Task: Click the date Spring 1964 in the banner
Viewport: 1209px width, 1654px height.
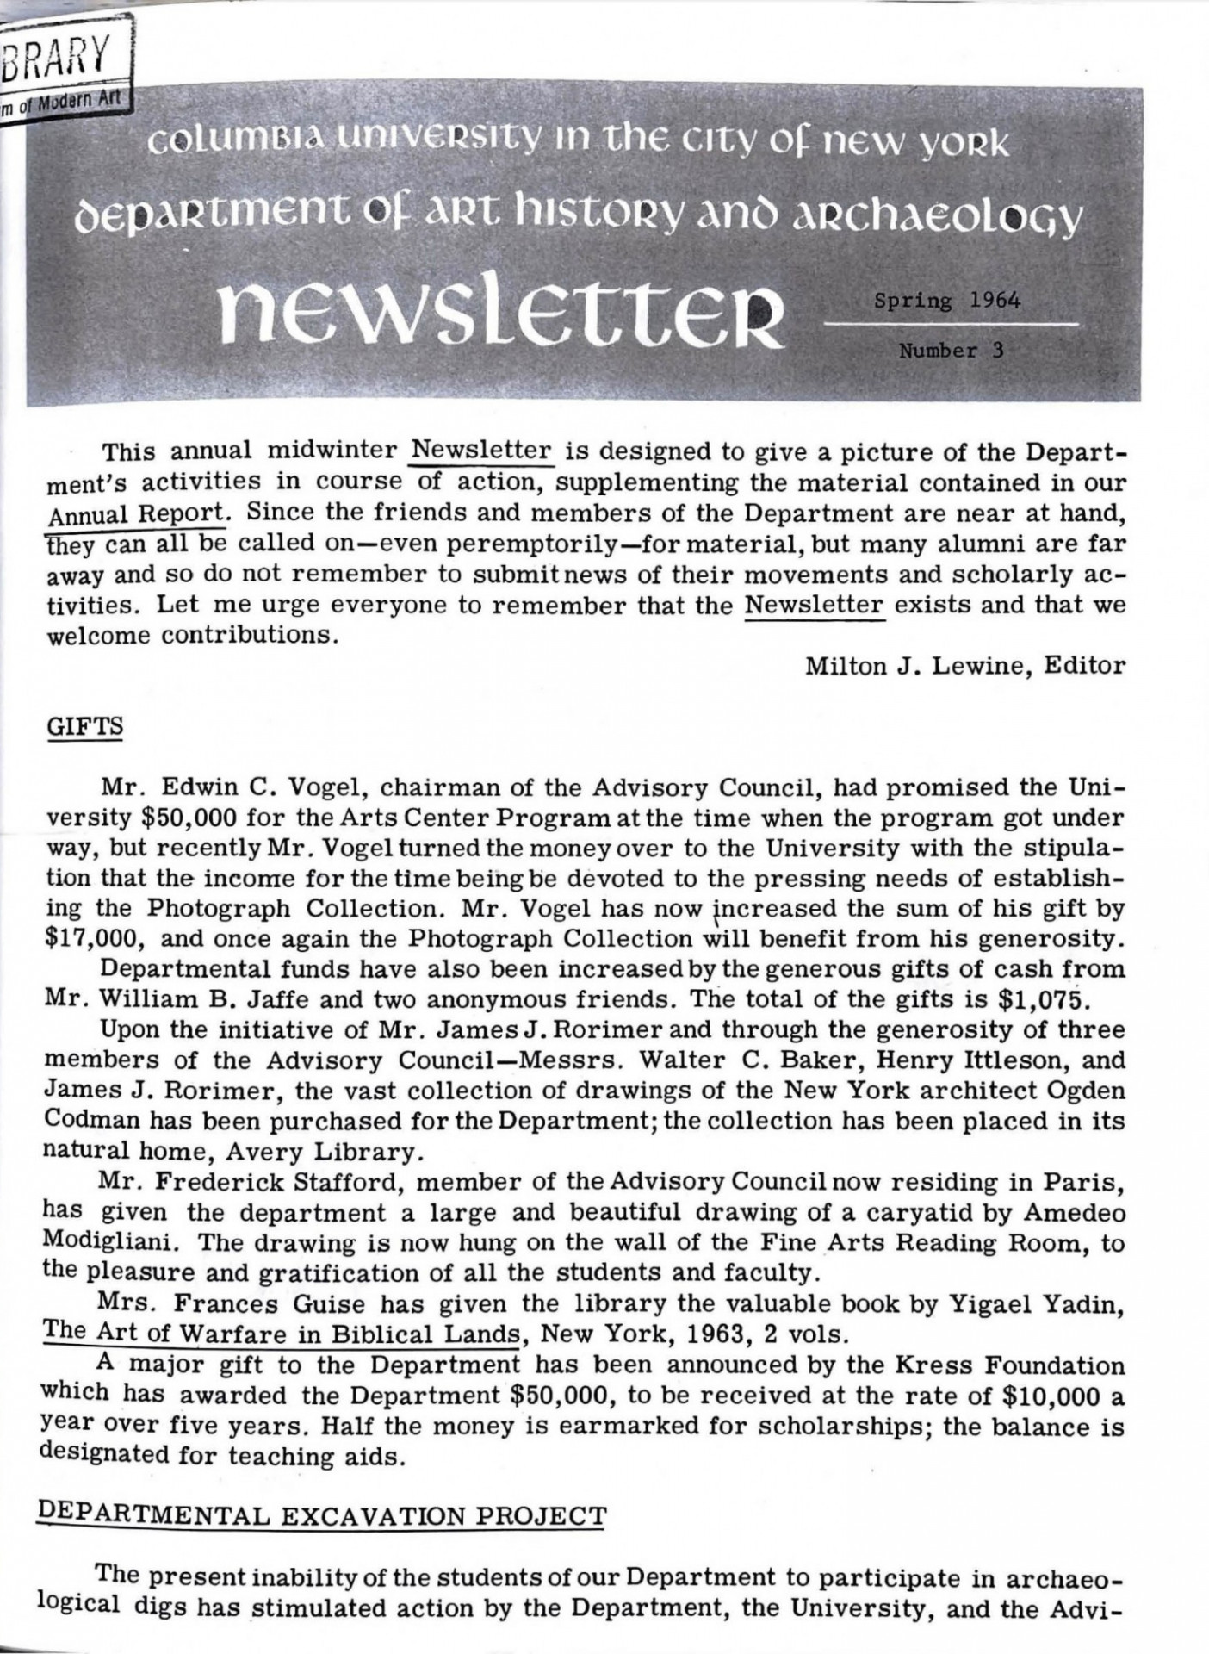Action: [947, 302]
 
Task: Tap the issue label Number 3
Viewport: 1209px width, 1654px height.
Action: [951, 351]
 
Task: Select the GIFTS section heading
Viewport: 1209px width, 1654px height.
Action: [84, 726]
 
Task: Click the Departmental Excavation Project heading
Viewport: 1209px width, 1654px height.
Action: [321, 1515]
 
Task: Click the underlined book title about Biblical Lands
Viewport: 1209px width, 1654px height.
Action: [282, 1335]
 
